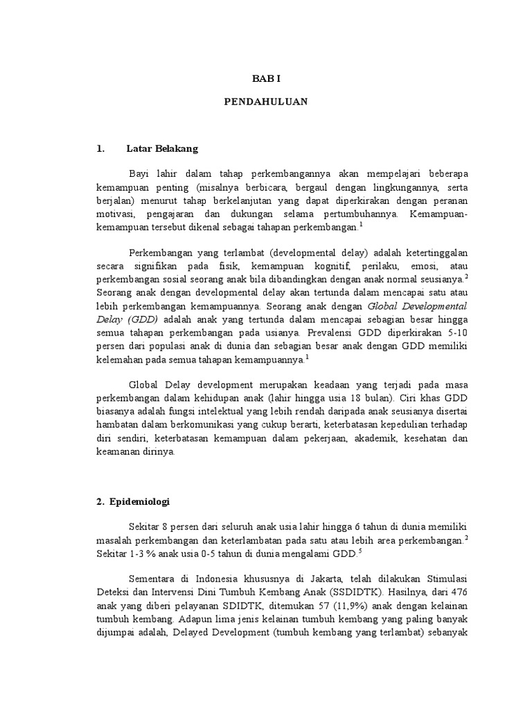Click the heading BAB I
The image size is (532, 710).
(265, 80)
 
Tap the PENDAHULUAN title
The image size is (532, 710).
(265, 102)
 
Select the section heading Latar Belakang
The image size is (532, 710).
(162, 148)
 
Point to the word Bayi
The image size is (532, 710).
(139, 173)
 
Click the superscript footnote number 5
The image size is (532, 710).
(359, 551)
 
